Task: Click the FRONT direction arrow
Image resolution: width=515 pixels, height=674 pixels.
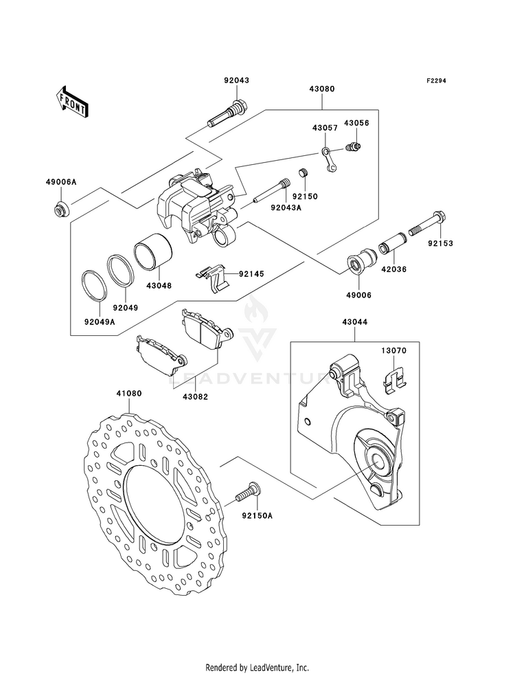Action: click(72, 102)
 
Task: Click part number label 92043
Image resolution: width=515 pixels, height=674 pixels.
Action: click(236, 80)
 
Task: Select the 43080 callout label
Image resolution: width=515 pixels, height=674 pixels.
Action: click(322, 89)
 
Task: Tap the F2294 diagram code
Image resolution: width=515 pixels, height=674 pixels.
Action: click(435, 80)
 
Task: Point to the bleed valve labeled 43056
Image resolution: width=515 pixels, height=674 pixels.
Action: click(354, 146)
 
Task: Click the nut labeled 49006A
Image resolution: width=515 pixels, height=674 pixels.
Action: click(61, 208)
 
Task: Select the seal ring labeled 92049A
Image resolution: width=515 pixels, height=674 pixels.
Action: click(93, 284)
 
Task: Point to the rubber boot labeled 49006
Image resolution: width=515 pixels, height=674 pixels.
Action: click(362, 260)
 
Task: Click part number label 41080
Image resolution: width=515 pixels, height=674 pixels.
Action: click(129, 393)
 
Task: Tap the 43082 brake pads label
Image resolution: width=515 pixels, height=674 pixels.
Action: click(194, 396)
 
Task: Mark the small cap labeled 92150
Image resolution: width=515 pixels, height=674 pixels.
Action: click(304, 174)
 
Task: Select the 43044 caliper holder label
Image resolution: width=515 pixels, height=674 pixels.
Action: click(355, 322)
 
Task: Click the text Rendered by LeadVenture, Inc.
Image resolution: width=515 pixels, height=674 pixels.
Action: click(257, 668)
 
